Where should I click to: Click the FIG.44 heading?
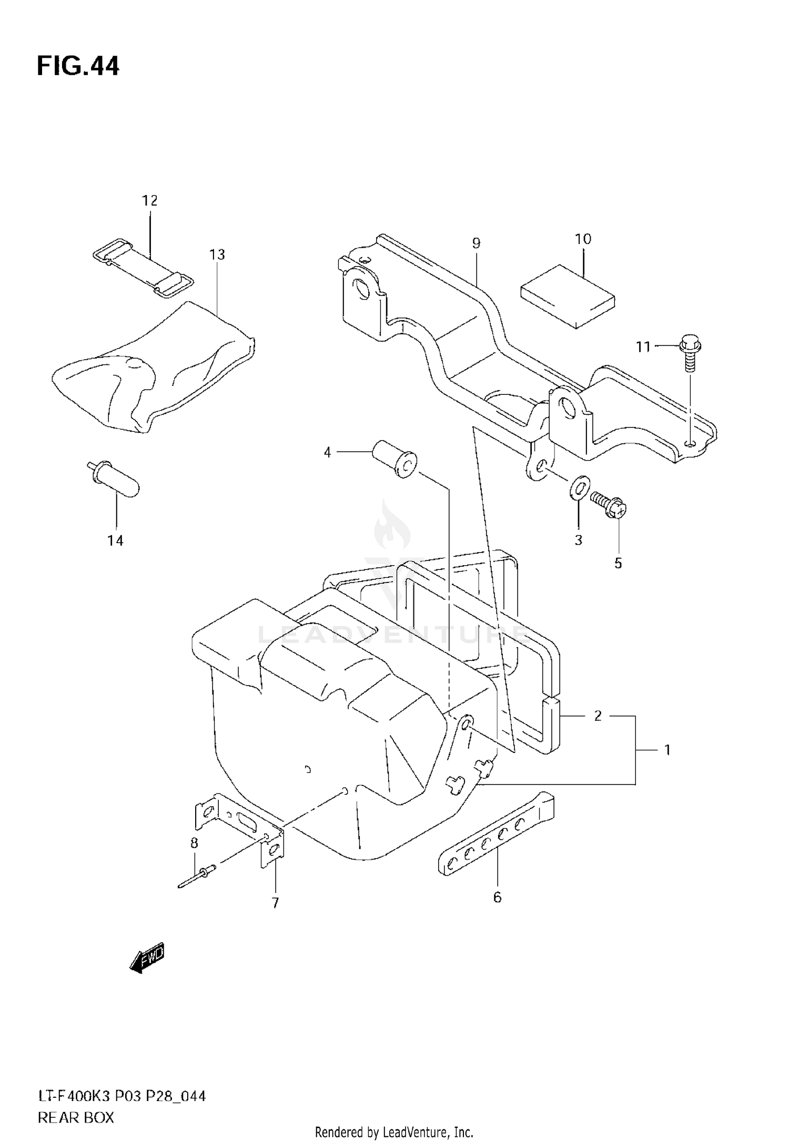pyautogui.click(x=78, y=67)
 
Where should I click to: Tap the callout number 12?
pyautogui.click(x=149, y=200)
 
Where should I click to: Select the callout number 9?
pyautogui.click(x=476, y=243)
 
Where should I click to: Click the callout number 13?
pyautogui.click(x=217, y=254)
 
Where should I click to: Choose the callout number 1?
pyautogui.click(x=667, y=750)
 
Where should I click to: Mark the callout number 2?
pyautogui.click(x=598, y=716)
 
